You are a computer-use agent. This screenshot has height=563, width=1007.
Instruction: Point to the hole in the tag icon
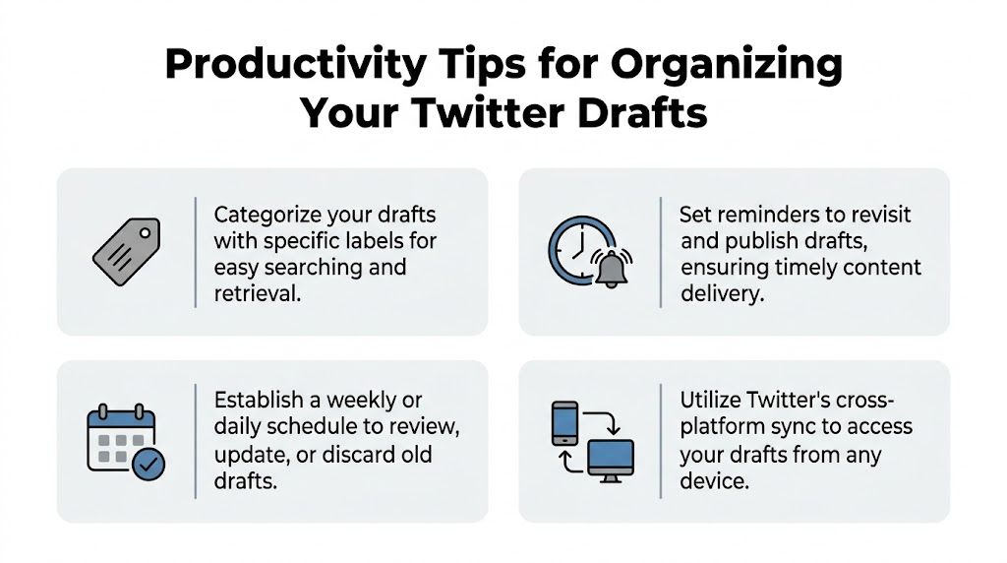(x=146, y=234)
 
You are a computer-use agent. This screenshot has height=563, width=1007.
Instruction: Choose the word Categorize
(x=267, y=215)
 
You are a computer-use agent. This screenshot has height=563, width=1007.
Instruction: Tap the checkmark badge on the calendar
(x=149, y=465)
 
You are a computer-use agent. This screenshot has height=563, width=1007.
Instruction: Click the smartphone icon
(x=564, y=421)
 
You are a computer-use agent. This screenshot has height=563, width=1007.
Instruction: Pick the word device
(x=714, y=480)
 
